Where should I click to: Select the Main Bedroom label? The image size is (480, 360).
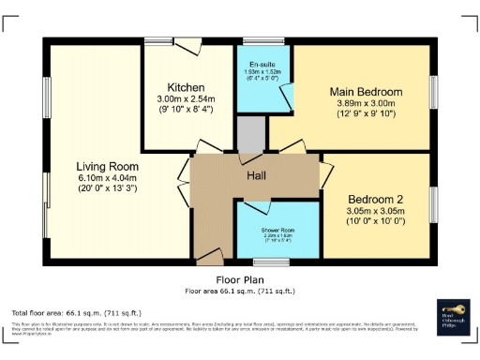click(366, 92)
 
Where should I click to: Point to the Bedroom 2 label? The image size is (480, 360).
click(376, 200)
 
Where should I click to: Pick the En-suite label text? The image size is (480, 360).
click(262, 64)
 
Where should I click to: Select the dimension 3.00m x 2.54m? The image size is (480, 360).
click(187, 97)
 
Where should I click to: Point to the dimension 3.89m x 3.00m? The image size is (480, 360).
click(366, 103)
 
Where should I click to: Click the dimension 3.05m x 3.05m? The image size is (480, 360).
click(376, 212)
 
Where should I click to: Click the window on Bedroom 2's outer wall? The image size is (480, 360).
click(434, 204)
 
